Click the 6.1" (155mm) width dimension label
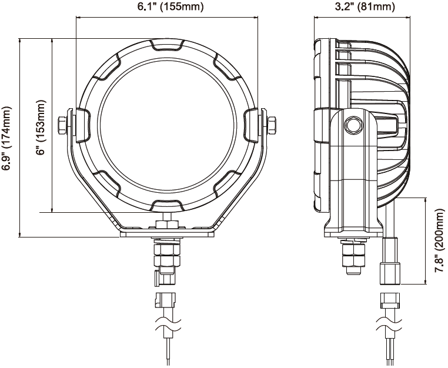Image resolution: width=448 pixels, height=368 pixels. coord(168,7)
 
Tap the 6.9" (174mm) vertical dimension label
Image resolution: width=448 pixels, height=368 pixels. coord(7,138)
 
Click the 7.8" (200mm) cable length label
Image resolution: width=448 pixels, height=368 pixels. coord(438,241)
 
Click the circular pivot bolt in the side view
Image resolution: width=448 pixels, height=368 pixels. coord(353,125)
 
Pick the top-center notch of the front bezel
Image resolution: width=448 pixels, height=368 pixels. coord(168,45)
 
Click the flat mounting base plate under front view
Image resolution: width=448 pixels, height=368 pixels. coord(168,234)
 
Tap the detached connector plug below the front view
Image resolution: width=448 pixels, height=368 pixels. coord(164,299)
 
